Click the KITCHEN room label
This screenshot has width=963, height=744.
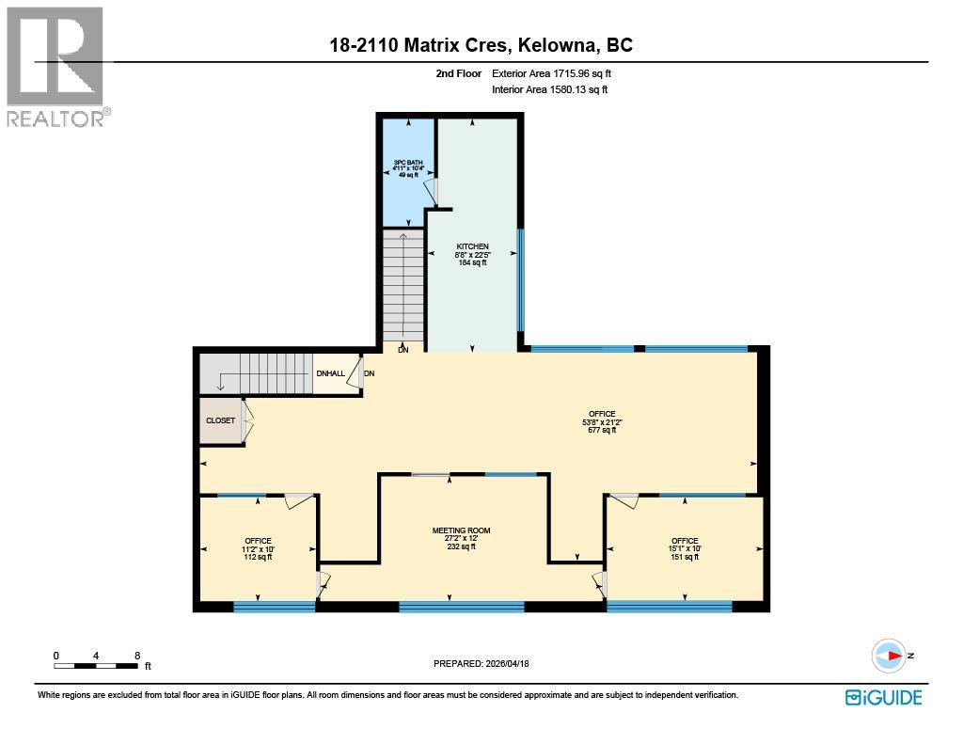(472, 254)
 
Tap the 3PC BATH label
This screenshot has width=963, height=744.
(407, 168)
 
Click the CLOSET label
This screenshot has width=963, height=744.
(221, 420)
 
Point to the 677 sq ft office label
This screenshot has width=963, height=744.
(602, 421)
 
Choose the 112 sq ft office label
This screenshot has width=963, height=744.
(258, 548)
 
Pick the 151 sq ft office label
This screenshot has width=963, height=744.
(685, 548)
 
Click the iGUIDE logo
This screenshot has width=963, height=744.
(883, 697)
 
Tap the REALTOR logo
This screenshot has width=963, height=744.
(56, 66)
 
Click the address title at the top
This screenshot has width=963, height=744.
(481, 45)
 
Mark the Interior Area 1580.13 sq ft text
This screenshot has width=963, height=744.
(549, 90)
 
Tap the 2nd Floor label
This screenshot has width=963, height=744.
(459, 73)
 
